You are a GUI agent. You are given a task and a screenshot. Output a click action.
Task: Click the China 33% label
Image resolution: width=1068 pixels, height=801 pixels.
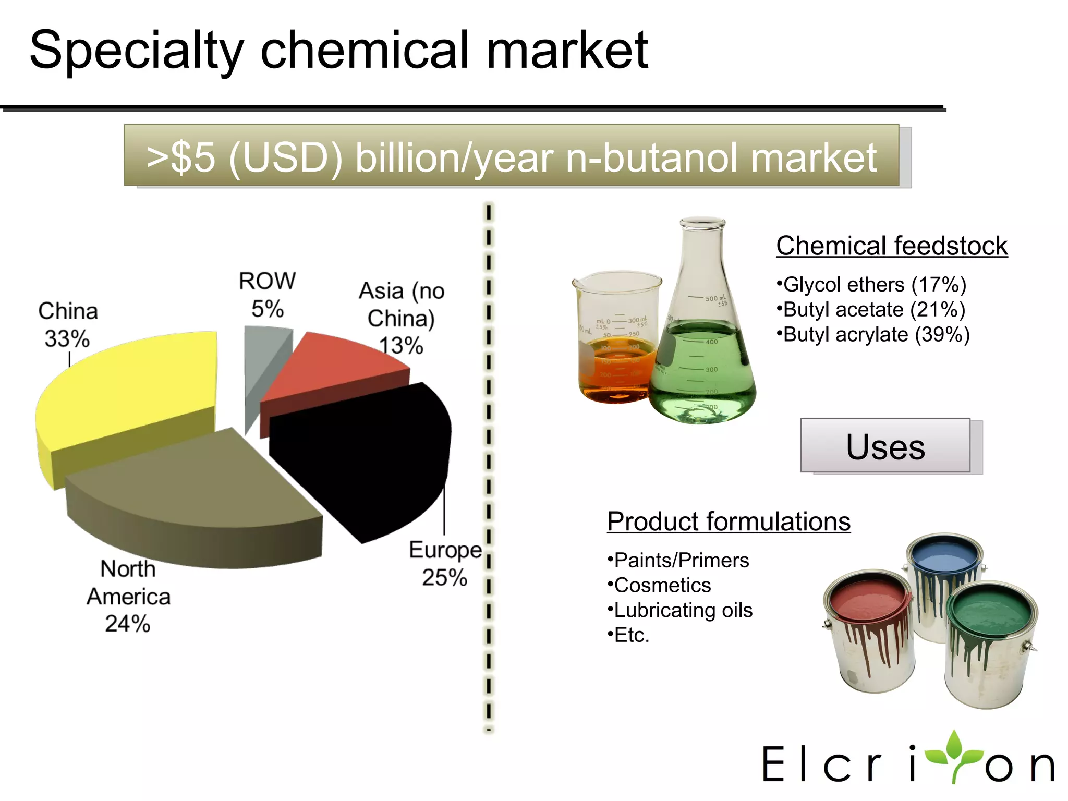coord(68,324)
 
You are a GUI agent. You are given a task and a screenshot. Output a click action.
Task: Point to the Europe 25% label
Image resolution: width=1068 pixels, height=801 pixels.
coord(445,564)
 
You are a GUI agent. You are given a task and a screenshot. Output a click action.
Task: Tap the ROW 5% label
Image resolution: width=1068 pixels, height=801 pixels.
coord(267,295)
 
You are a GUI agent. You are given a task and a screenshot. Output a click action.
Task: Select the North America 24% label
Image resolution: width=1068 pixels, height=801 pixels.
coord(128,596)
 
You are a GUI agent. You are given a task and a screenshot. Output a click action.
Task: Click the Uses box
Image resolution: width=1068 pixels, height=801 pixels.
coord(885,446)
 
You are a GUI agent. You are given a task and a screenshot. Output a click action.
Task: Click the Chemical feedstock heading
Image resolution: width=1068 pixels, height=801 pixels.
coord(892,246)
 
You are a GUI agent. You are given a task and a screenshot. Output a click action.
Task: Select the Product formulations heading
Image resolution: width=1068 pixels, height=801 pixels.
coord(729,521)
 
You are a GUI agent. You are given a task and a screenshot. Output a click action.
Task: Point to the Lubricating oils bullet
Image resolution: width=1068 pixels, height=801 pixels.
coord(681,610)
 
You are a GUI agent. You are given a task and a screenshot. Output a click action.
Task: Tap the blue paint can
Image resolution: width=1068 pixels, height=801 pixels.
coord(944,563)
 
